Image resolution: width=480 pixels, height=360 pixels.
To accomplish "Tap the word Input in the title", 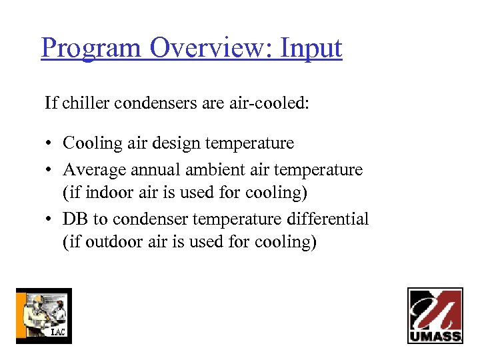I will [311, 49].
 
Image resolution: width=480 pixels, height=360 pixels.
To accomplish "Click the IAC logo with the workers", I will [43, 315].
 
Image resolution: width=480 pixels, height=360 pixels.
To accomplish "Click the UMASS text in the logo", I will [435, 336].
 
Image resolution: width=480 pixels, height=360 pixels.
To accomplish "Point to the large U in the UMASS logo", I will [435, 311].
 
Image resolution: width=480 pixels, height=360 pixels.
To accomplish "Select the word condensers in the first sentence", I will [154, 103].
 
